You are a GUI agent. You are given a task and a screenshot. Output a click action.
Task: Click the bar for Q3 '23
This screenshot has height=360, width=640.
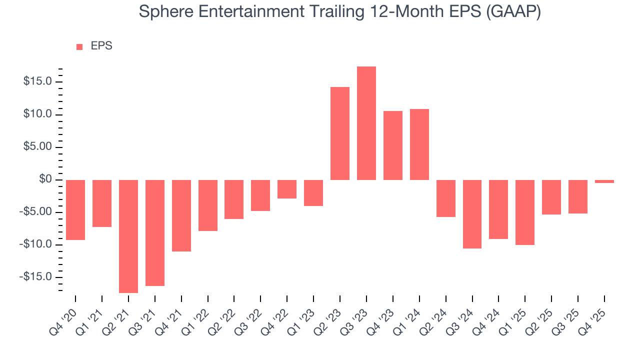point(366,123)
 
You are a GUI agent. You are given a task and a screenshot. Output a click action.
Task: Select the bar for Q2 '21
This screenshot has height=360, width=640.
point(128,236)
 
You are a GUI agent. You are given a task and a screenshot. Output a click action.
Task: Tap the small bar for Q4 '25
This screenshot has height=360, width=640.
point(604,181)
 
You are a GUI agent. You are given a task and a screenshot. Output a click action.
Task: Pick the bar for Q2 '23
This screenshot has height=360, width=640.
point(340,133)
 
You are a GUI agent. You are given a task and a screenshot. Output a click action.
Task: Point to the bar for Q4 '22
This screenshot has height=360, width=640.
point(287,189)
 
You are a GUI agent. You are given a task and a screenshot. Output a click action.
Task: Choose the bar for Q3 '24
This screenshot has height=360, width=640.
point(472,214)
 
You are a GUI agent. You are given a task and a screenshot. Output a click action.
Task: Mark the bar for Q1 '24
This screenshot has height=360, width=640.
point(419,144)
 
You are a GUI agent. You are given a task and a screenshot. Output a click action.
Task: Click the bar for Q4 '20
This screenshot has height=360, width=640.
point(75,210)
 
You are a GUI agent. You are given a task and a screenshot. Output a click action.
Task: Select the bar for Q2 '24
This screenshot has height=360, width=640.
point(446,198)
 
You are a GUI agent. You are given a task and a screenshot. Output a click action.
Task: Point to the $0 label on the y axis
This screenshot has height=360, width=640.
point(45,179)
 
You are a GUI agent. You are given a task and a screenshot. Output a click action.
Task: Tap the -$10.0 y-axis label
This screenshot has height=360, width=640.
point(35,244)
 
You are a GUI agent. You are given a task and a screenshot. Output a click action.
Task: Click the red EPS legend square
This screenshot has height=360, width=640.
point(79,47)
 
